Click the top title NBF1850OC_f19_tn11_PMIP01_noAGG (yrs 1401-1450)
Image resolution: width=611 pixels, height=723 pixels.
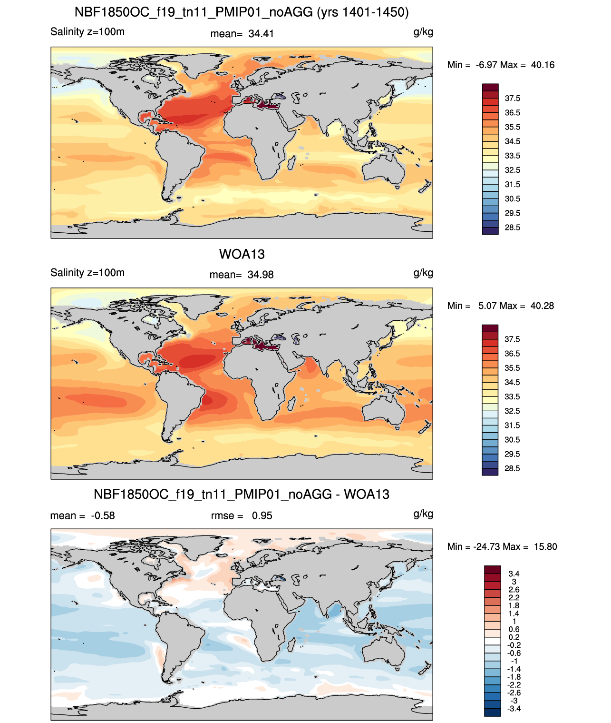point(242,12)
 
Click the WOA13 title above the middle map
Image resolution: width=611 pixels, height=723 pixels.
point(242,254)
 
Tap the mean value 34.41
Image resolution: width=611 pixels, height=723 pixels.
point(261,34)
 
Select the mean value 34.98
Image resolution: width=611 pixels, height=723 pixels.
point(261,275)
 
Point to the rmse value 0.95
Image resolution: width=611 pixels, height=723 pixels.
point(262,515)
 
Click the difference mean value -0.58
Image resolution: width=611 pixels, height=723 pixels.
point(103,515)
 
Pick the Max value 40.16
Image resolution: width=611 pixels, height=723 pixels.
point(543,65)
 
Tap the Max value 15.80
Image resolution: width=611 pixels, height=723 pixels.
point(545,547)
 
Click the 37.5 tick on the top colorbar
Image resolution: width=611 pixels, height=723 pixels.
point(512,99)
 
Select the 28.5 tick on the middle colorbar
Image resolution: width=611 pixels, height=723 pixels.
point(512,468)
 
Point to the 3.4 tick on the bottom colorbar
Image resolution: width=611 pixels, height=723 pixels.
point(514,574)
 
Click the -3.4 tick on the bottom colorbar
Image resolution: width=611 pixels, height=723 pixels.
point(514,709)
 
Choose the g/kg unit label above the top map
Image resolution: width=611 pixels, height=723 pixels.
point(423,32)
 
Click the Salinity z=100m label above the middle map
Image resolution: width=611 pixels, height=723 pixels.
point(87,272)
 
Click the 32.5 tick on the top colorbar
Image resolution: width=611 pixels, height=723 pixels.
point(512,170)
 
